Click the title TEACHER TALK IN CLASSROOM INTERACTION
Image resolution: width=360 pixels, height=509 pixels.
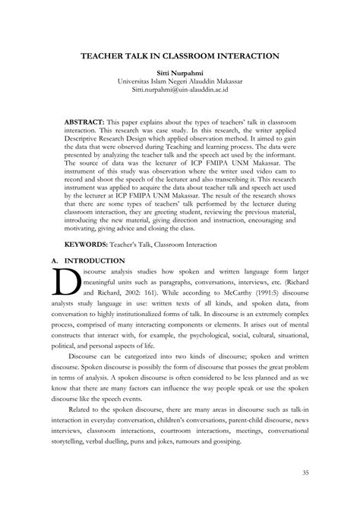[180, 56]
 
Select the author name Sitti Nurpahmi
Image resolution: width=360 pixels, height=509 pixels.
[180, 74]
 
